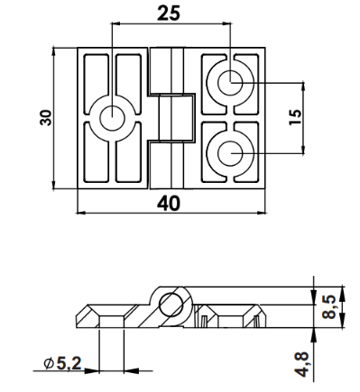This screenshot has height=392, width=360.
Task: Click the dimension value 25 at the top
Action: tap(169, 14)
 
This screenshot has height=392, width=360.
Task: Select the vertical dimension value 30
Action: tap(46, 118)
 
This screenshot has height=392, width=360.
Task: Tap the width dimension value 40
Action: tap(169, 204)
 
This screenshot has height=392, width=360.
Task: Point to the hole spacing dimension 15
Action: tap(295, 117)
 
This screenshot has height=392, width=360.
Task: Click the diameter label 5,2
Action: tap(69, 363)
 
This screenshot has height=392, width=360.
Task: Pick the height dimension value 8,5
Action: tap(328, 306)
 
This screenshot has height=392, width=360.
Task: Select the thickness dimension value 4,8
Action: tap(301, 364)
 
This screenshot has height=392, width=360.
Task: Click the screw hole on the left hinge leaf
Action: tap(112, 118)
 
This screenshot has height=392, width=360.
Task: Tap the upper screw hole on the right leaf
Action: tap(230, 83)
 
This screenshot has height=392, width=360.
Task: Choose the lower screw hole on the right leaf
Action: tap(230, 153)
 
